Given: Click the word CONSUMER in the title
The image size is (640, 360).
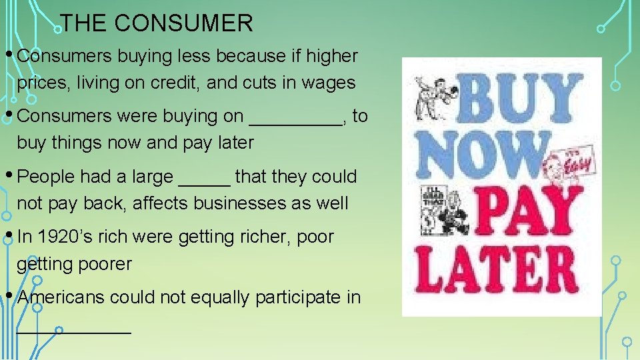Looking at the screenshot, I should [183, 24].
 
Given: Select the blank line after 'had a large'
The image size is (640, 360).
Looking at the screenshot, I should [205, 181].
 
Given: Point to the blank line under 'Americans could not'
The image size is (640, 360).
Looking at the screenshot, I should [74, 329].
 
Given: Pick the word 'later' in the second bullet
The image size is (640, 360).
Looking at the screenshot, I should [230, 143].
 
